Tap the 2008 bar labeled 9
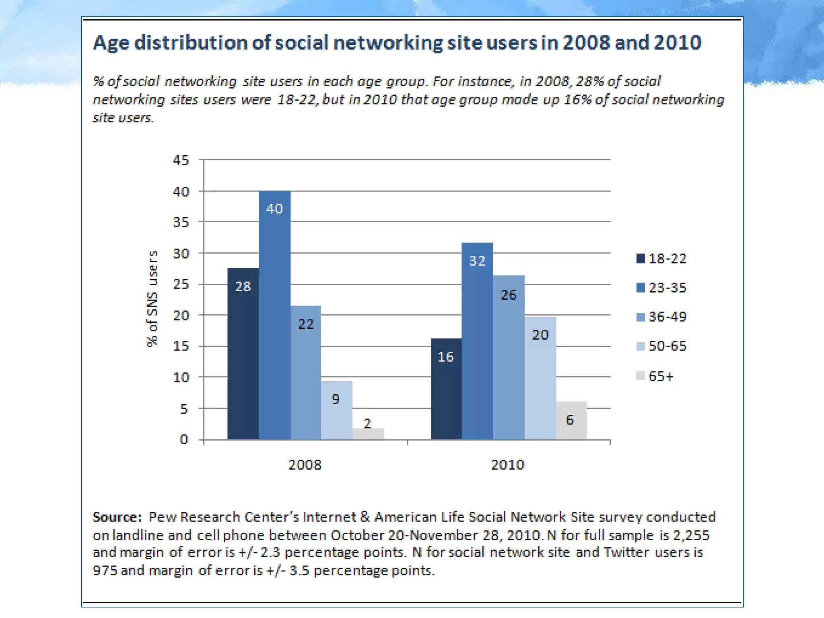coord(336,410)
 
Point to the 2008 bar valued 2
coord(368,434)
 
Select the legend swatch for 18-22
coord(641,258)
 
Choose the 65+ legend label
coord(661,376)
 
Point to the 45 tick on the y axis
coord(181,160)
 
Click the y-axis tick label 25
coord(181,284)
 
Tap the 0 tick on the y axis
coord(184,439)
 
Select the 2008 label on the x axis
coord(305,465)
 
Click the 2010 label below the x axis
coord(507,465)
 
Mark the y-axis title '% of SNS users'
coord(152,299)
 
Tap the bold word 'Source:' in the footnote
coord(117,517)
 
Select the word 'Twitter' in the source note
coord(626,552)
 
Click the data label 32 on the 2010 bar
coord(477,261)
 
